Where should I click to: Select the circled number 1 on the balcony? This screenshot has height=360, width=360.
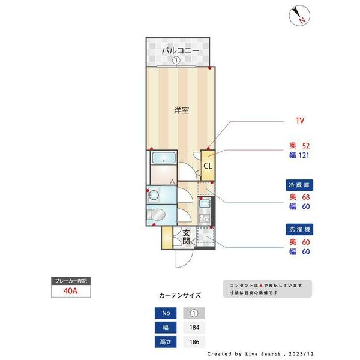tap(176, 61)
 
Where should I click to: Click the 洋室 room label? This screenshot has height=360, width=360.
tap(182, 110)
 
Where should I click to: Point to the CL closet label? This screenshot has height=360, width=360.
tap(207, 166)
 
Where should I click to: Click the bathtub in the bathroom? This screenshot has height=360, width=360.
tap(163, 158)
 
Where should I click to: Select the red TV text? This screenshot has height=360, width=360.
tap(299, 121)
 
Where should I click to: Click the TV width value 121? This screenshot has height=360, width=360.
tap(303, 155)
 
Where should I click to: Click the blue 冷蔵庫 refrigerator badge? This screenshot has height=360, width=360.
tap(299, 185)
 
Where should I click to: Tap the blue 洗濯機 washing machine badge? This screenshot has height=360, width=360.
tap(299, 229)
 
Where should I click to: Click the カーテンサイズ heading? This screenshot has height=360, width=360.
tap(180, 295)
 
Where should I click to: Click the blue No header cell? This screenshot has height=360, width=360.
tap(166, 313)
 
